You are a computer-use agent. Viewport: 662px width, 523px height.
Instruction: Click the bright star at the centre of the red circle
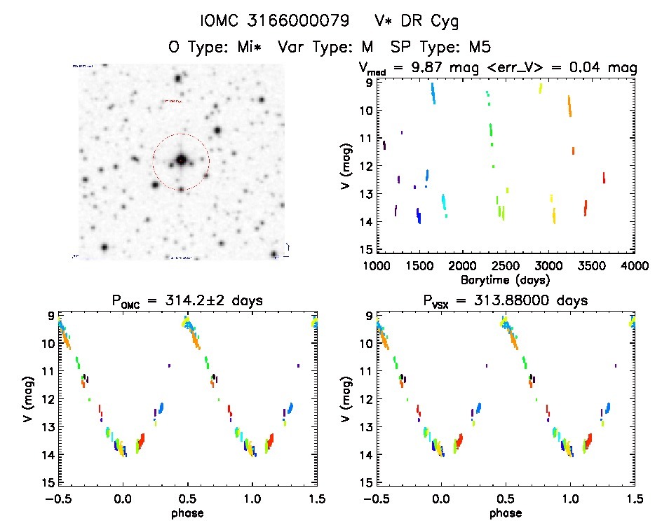click(x=181, y=160)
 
